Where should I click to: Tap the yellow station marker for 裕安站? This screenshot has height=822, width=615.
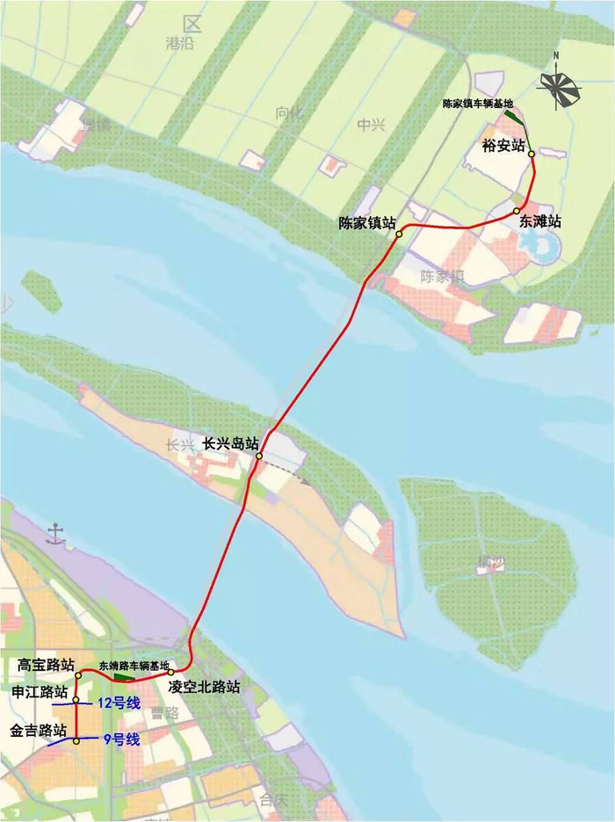532,154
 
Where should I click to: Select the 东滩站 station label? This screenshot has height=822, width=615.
539,221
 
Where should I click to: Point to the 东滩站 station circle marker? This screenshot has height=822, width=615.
517,212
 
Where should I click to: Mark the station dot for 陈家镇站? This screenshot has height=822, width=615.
399,234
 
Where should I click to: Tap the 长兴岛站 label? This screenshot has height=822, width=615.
230,443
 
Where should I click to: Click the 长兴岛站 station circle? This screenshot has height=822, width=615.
259,456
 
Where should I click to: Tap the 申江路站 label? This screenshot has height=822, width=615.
40,693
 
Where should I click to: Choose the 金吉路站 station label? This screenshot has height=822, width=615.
39,730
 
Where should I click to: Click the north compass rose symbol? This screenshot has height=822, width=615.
559,85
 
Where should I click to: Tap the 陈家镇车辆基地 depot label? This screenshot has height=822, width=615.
477,103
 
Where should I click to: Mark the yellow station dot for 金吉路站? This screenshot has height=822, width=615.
76,742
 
